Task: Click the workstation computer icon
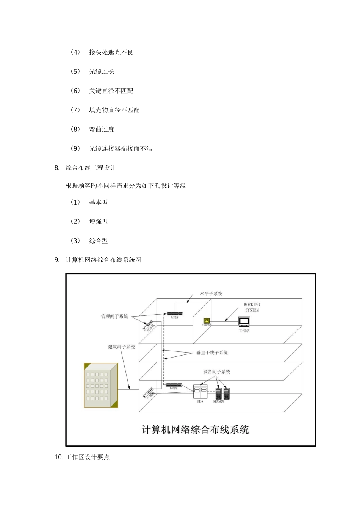(x=244, y=322)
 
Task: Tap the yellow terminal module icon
(x=207, y=320)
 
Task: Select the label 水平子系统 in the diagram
(x=211, y=294)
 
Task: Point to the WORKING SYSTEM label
(x=252, y=307)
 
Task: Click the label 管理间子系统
(x=114, y=316)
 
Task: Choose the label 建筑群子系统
(x=122, y=347)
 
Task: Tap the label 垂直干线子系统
(x=212, y=353)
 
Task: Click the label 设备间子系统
(x=216, y=372)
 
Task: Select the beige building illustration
(x=101, y=385)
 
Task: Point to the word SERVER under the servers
(x=218, y=401)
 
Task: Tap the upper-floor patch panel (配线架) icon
(x=174, y=314)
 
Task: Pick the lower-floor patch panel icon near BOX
(x=174, y=385)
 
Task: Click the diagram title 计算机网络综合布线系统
(x=195, y=430)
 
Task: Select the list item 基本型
(x=99, y=202)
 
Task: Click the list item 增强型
(x=99, y=222)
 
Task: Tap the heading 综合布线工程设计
(x=91, y=167)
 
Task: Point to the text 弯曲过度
(x=102, y=129)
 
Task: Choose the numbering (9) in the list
(x=75, y=148)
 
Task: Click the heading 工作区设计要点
(x=88, y=457)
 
